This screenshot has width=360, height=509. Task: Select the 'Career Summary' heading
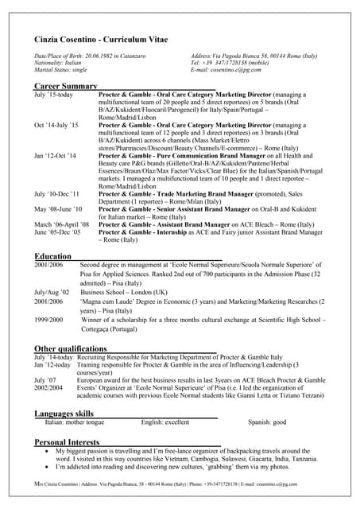[66, 85]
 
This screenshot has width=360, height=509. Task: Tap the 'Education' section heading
[53, 256]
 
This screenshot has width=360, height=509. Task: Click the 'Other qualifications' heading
[71, 348]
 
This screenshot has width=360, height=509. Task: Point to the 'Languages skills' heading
[64, 414]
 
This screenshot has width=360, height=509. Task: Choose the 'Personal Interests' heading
[67, 442]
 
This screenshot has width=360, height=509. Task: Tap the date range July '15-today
[53, 95]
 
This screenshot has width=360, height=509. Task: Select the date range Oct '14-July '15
[56, 125]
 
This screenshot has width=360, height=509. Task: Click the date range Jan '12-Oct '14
[56, 156]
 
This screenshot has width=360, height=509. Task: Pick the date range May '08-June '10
[58, 208]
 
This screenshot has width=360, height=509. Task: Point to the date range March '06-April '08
[62, 225]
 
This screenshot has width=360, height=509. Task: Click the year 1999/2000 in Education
[48, 319]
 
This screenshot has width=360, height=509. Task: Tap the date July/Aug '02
[52, 292]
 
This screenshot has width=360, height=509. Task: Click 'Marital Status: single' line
[60, 70]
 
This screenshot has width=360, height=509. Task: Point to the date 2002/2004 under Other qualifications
[49, 387]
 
